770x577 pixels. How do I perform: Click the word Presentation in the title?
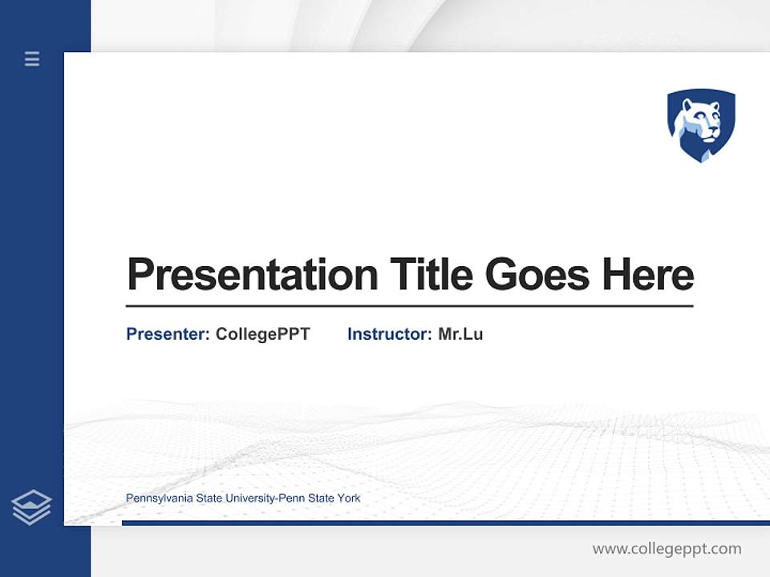252,275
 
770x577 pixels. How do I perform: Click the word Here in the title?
647,275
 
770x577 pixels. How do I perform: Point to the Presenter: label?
168,334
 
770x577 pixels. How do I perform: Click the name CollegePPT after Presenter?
262,334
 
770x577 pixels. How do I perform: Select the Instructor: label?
389,334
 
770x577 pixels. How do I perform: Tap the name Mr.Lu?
460,334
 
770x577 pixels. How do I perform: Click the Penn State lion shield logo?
701,125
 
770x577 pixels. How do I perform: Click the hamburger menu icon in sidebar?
32,59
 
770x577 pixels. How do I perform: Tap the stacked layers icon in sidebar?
31,507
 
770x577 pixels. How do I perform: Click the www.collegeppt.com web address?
667,549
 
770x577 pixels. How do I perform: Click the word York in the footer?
349,498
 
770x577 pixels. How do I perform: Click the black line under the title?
409,305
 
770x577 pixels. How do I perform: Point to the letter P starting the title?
140,275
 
